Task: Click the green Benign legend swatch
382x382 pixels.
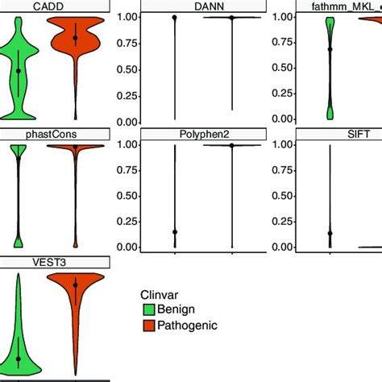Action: tap(149, 309)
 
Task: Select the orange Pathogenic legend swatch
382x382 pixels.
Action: tap(149, 326)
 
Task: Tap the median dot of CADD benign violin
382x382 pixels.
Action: tap(19, 71)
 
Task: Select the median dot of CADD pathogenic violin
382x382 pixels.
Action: tap(75, 38)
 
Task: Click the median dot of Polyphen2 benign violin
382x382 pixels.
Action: tap(175, 232)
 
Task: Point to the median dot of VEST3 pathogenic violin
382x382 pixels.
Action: tap(75, 284)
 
